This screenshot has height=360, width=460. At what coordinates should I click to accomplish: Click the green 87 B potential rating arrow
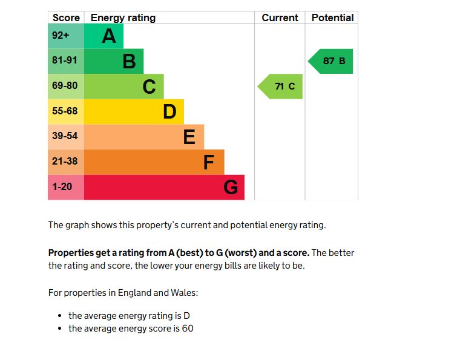(x=331, y=61)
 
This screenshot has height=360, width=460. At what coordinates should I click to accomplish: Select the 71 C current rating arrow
(x=281, y=87)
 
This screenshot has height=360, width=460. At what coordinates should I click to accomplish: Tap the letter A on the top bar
(x=109, y=36)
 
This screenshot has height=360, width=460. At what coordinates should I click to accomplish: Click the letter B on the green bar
(x=129, y=61)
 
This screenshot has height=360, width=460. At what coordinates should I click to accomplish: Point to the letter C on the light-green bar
(x=149, y=87)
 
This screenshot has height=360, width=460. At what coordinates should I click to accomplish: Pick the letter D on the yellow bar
(x=169, y=112)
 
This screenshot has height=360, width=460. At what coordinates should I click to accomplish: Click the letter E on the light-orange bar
(x=189, y=137)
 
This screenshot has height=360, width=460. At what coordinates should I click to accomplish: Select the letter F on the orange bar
(x=209, y=162)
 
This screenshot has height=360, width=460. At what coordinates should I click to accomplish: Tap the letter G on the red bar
(x=231, y=188)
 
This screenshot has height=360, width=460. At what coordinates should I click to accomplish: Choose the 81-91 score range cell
(x=65, y=61)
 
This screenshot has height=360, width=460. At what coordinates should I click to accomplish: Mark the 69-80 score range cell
(x=65, y=86)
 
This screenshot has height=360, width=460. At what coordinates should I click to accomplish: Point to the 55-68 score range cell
(x=65, y=111)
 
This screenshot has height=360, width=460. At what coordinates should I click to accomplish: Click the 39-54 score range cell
(x=65, y=136)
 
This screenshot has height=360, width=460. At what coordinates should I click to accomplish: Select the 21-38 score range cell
(x=65, y=162)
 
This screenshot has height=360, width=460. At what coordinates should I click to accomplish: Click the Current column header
(x=280, y=18)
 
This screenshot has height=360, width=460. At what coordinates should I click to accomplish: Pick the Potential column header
(x=332, y=18)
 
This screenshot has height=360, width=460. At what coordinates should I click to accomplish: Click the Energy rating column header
(x=123, y=18)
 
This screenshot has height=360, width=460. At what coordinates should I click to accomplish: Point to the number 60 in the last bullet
(x=188, y=329)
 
